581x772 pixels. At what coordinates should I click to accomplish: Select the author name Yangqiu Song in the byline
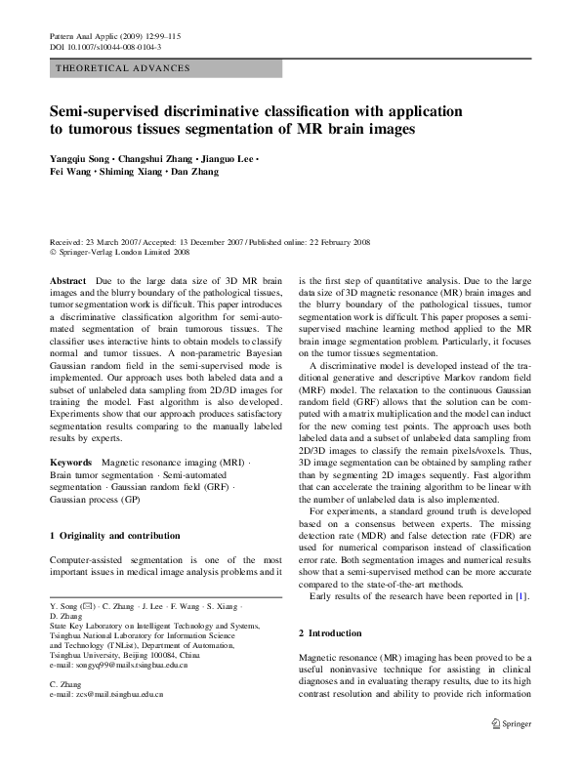click(83, 158)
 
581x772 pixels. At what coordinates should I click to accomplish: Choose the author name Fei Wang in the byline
click(68, 172)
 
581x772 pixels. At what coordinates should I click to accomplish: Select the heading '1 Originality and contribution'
click(114, 535)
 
